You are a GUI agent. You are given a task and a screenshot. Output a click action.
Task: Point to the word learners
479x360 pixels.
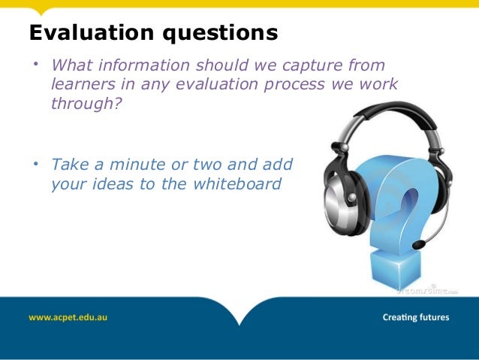click(86, 85)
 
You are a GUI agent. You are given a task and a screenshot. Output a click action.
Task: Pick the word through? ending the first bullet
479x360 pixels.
click(85, 104)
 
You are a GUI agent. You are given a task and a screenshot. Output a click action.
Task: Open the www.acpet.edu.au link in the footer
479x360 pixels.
click(68, 317)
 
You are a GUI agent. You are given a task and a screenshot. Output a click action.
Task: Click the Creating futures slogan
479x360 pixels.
click(416, 317)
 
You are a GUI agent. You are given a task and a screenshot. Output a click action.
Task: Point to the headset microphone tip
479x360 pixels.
click(417, 245)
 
